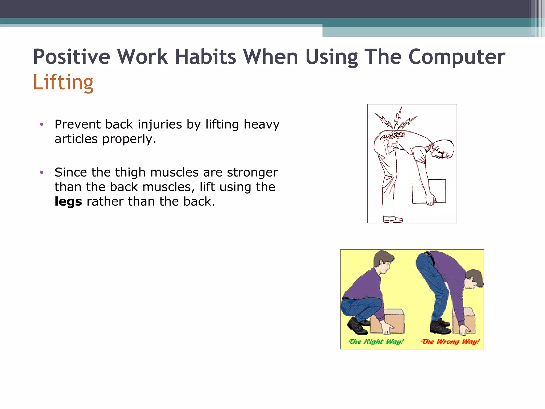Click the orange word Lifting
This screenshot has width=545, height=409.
pyautogui.click(x=63, y=82)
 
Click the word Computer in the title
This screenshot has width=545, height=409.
pyautogui.click(x=456, y=57)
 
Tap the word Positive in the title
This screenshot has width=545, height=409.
pyautogui.click(x=71, y=57)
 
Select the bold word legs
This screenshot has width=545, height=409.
pyautogui.click(x=68, y=201)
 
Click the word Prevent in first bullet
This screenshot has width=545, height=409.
pyautogui.click(x=77, y=124)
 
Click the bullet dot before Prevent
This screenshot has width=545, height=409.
pyautogui.click(x=42, y=124)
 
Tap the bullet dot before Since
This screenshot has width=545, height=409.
pyautogui.click(x=42, y=173)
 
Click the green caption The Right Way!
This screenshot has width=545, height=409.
pyautogui.click(x=376, y=342)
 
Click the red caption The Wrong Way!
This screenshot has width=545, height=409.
pyautogui.click(x=451, y=342)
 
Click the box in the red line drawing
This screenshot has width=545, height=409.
pyautogui.click(x=429, y=191)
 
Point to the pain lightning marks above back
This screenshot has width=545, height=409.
pyautogui.click(x=396, y=120)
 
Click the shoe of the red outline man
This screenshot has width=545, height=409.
pyautogui.click(x=393, y=219)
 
